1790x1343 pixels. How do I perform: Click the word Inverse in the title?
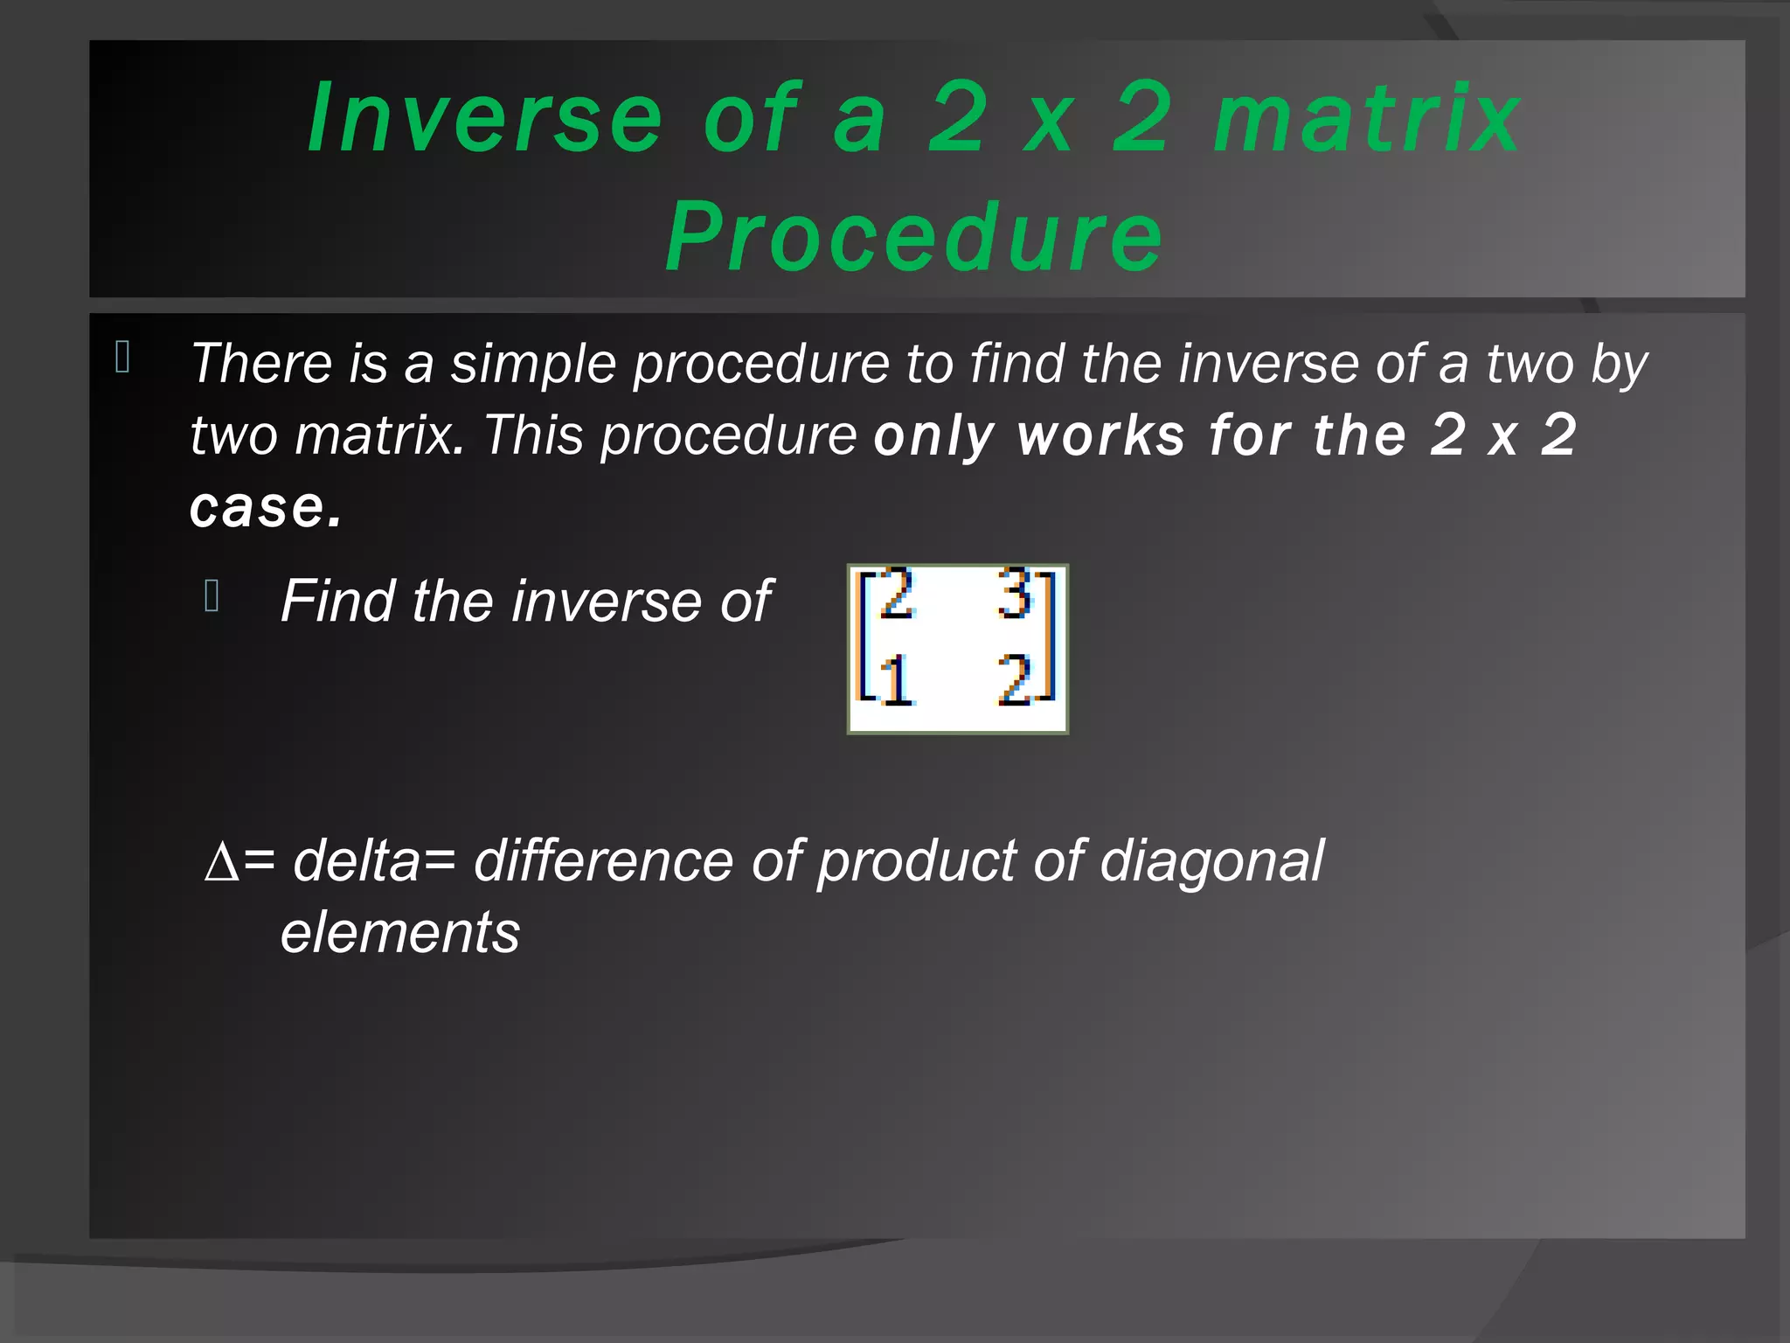pos(484,118)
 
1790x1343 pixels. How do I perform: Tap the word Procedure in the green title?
pos(913,237)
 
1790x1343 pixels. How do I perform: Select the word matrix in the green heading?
pos(1367,118)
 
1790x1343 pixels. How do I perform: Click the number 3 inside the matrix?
pos(1016,595)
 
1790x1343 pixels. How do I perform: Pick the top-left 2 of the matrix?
pos(897,595)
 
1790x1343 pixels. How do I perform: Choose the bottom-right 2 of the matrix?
pos(1016,681)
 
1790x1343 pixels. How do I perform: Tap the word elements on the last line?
pos(400,933)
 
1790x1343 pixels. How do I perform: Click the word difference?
pos(602,861)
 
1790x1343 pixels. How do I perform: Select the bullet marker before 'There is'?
pos(122,358)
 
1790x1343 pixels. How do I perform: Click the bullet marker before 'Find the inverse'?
pos(212,595)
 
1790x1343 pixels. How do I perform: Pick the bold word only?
pos(934,436)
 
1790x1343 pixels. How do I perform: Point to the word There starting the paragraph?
pos(261,364)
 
